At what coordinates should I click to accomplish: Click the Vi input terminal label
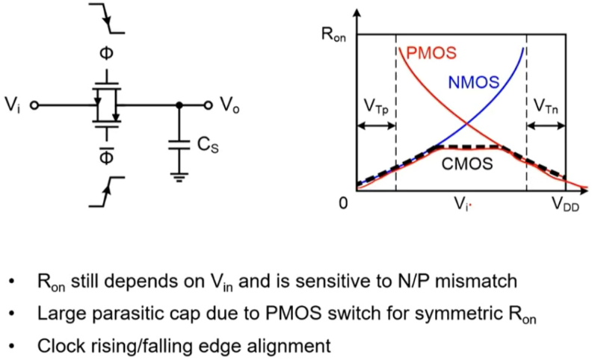click(x=14, y=106)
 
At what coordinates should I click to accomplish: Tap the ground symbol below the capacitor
click(x=178, y=177)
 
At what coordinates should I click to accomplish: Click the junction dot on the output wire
click(x=178, y=106)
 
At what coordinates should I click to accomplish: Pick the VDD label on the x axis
click(x=567, y=204)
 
